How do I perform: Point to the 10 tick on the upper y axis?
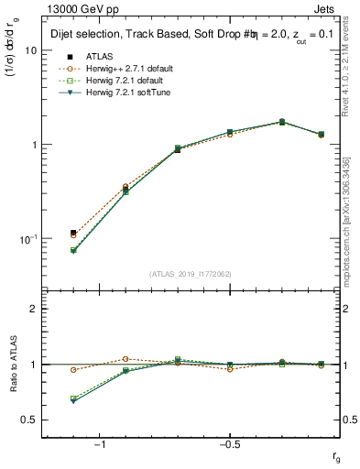(30, 50)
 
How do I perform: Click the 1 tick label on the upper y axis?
(33, 145)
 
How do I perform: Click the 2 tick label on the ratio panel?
(33, 309)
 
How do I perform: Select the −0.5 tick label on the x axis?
(228, 443)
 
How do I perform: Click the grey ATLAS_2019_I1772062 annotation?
(190, 274)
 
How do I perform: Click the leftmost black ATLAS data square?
(73, 233)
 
